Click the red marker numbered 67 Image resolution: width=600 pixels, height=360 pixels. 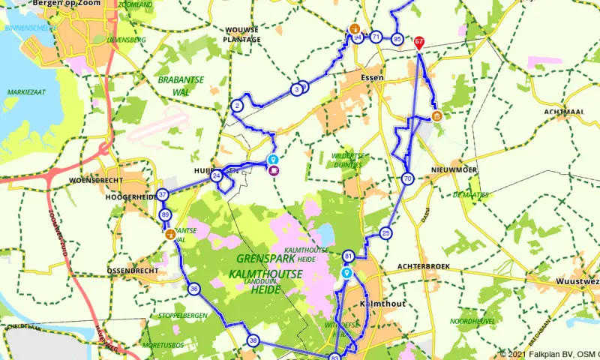[x=419, y=43]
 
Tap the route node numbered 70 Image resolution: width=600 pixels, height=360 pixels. [x=407, y=178]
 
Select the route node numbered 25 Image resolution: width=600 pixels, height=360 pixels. [x=385, y=232]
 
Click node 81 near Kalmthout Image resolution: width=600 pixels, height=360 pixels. [x=348, y=257]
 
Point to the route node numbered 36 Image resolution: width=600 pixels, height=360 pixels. [x=194, y=289]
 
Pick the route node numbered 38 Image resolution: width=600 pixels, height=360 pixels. [x=253, y=341]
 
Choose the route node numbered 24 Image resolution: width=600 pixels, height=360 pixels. [x=216, y=176]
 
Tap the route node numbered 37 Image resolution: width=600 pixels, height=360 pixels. [x=162, y=194]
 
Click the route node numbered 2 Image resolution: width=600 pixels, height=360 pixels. [x=237, y=106]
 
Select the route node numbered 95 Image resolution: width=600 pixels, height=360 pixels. [x=397, y=38]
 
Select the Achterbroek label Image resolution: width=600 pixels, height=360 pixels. [x=423, y=265]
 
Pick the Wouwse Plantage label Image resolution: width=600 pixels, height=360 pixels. [x=242, y=34]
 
